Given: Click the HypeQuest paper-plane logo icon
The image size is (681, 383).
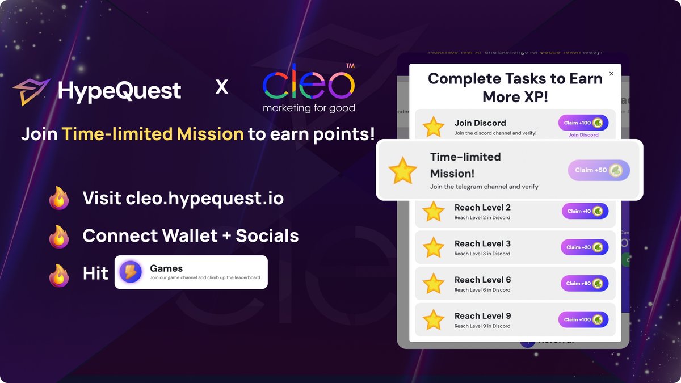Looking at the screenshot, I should [32, 91].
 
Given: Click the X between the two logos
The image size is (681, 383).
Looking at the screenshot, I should [222, 87].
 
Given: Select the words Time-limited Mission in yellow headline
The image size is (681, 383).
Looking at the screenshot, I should [153, 134].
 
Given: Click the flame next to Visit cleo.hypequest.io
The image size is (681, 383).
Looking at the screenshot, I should [59, 199].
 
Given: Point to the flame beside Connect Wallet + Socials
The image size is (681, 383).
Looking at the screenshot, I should [59, 236].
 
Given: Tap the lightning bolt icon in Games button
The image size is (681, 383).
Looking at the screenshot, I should [131, 272].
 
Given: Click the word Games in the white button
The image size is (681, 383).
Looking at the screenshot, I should [166, 268].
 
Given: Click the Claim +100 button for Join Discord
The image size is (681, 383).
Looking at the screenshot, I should [583, 123].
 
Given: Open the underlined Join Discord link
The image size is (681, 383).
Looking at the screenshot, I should [583, 135].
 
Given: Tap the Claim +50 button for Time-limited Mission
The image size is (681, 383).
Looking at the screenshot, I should [599, 170].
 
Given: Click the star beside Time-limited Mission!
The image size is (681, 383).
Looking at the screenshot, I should [402, 171].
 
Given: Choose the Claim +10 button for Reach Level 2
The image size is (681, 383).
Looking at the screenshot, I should [585, 211].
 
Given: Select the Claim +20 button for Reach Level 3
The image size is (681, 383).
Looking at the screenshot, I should [585, 247].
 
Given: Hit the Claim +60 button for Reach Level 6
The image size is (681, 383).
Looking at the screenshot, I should [585, 284].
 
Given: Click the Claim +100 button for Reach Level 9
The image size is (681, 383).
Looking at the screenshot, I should [583, 319].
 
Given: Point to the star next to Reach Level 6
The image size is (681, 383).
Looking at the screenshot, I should [434, 284].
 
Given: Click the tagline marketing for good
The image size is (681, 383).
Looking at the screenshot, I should [309, 108].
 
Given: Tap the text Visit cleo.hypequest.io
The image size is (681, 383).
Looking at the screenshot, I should [183, 199].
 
